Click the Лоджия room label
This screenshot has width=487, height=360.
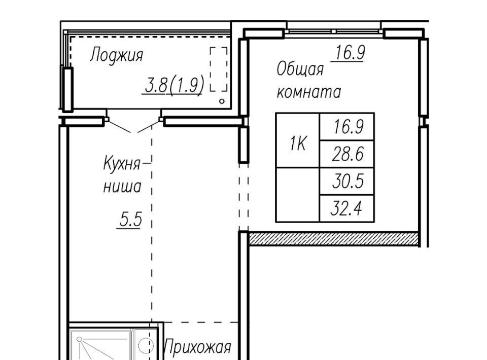click(x=117, y=56)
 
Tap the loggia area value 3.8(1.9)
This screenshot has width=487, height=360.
click(x=174, y=84)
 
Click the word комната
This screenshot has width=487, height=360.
click(x=308, y=92)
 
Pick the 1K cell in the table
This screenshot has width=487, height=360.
click(x=298, y=140)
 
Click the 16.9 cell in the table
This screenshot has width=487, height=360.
click(x=347, y=127)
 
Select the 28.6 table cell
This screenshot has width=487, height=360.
click(x=347, y=154)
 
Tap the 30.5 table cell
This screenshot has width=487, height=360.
click(x=347, y=181)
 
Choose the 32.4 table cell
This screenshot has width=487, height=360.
click(x=347, y=208)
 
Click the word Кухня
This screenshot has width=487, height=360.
click(x=121, y=164)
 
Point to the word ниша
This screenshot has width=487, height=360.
click(x=122, y=187)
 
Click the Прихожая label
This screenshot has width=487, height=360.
click(x=197, y=347)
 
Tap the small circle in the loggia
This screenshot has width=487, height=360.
click(x=222, y=101)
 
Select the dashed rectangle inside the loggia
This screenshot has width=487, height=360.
click(x=219, y=69)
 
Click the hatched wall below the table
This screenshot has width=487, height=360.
click(x=334, y=238)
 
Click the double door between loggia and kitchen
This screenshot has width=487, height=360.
click(x=134, y=126)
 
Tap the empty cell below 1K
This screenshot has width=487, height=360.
click(x=298, y=195)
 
